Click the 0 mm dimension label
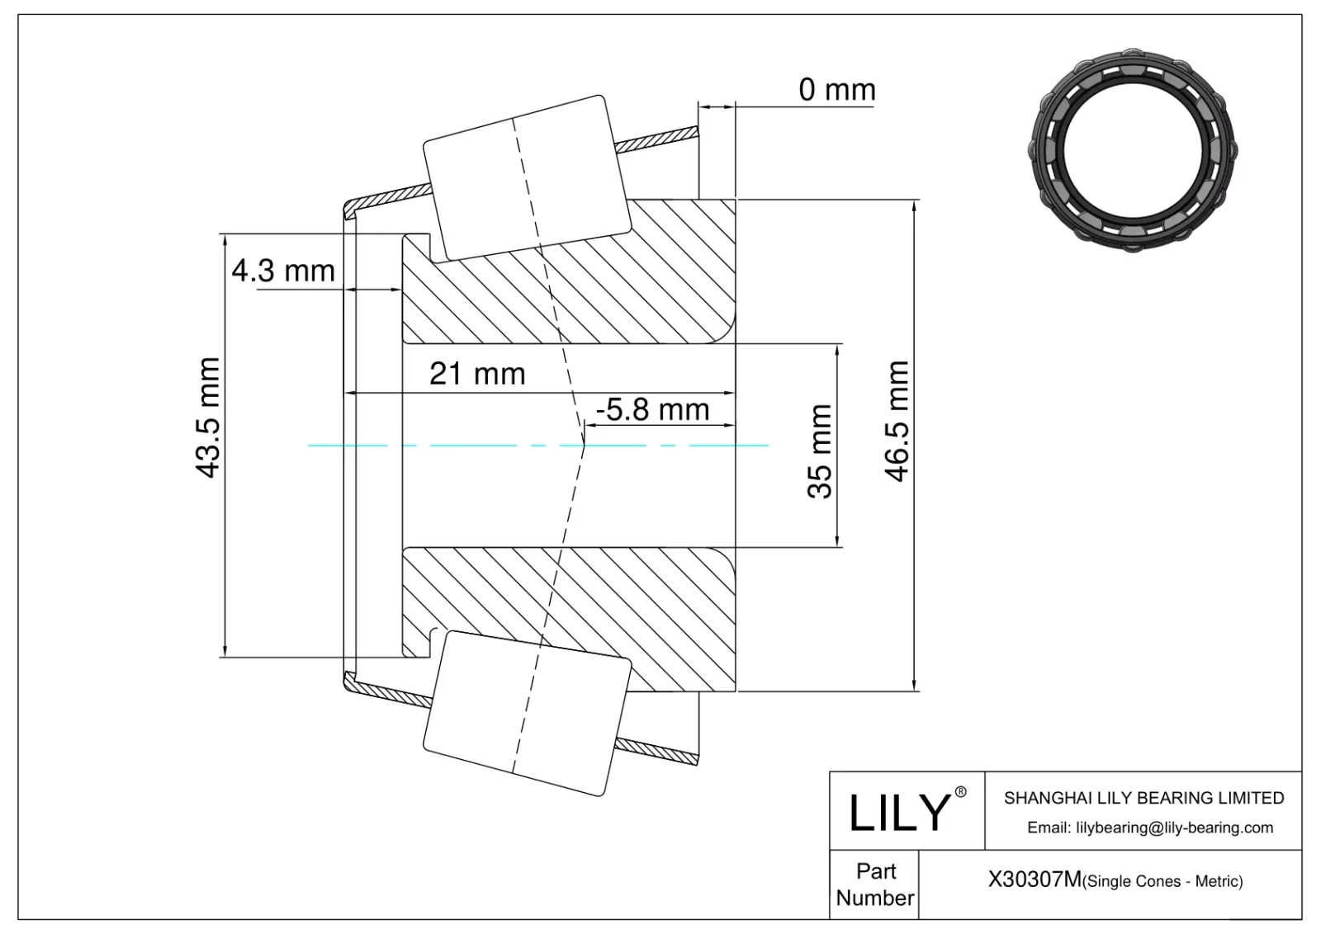click(836, 89)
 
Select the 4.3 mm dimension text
click(283, 271)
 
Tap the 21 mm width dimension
click(477, 374)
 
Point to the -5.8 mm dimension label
click(652, 409)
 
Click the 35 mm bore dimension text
click(820, 450)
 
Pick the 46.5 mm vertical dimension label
click(897, 421)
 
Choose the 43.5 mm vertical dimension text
click(207, 417)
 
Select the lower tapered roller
click(525, 714)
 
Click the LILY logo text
click(898, 812)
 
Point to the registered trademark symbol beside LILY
click(960, 792)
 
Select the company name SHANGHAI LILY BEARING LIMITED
click(1143, 798)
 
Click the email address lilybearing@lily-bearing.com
click(1150, 828)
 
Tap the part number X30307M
click(1034, 880)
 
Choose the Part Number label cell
click(874, 884)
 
